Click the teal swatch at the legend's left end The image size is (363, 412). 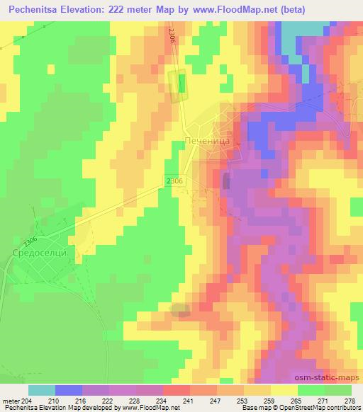click(x=42, y=390)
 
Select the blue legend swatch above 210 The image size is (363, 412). click(x=69, y=390)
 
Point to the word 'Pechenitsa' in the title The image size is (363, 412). click(x=36, y=10)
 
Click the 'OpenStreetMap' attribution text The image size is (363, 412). click(x=310, y=408)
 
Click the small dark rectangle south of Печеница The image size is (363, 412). click(x=226, y=181)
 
